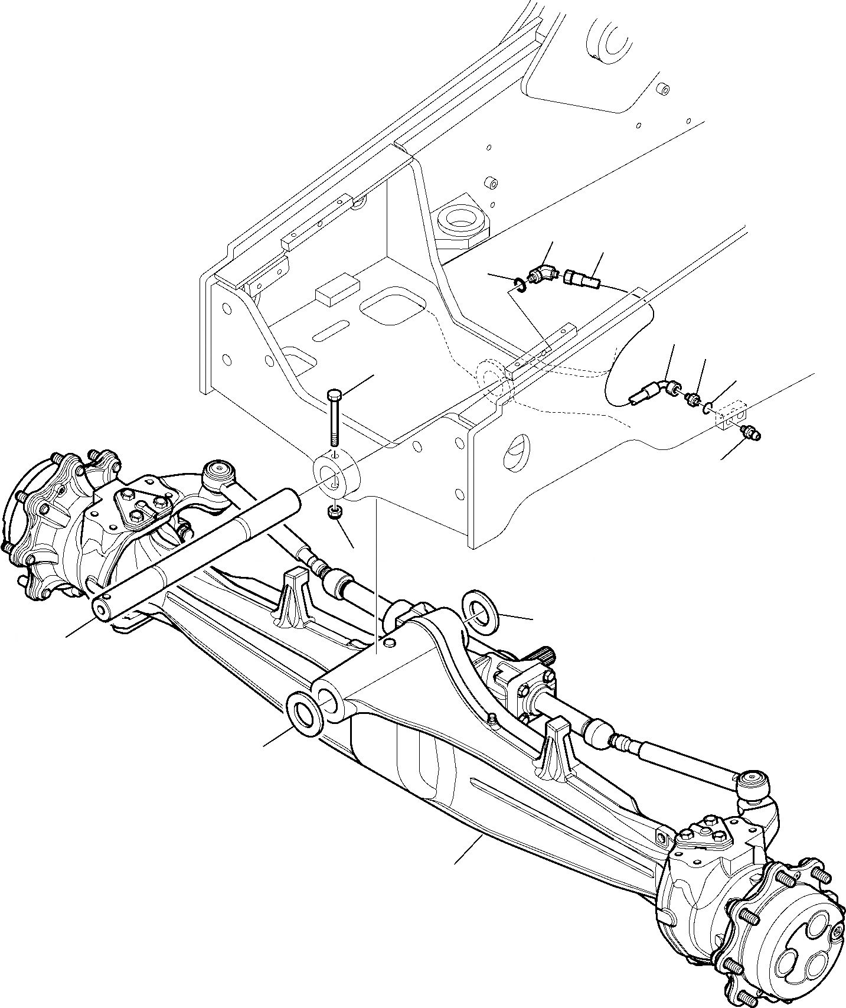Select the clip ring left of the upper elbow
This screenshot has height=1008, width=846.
click(x=517, y=286)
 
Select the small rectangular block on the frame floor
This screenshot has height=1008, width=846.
click(x=337, y=293)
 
